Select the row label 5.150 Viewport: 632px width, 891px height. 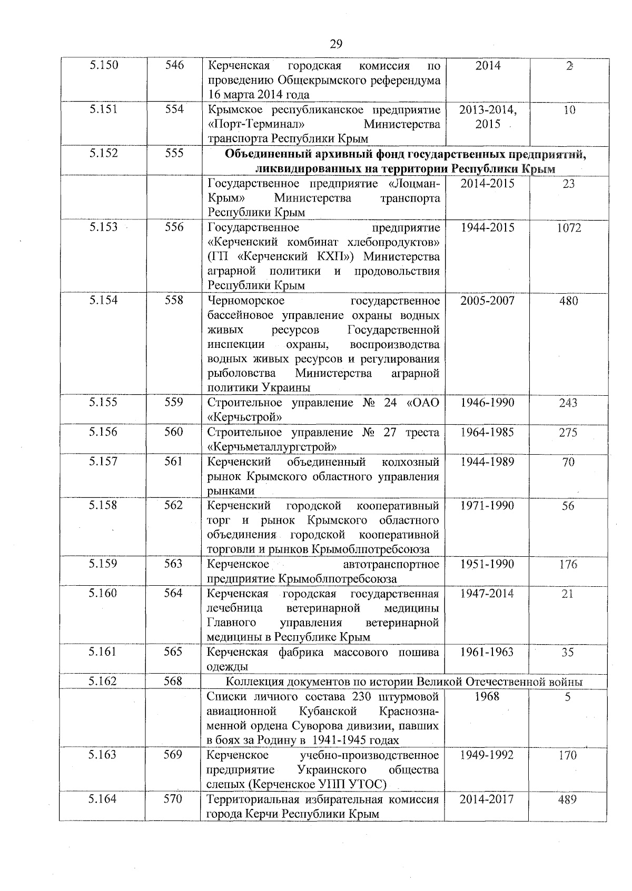104,66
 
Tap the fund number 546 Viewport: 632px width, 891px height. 174,66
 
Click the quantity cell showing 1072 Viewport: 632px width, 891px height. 568,228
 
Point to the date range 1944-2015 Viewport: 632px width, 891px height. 487,228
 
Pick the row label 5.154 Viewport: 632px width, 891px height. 103,301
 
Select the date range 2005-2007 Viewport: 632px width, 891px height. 487,301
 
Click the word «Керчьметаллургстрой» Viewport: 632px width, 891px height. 273,447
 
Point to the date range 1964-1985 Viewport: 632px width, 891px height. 487,433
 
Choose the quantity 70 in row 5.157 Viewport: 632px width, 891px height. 568,463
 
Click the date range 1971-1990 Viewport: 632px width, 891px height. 487,506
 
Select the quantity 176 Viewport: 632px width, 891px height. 568,565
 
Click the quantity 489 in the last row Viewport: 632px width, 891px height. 568,800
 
